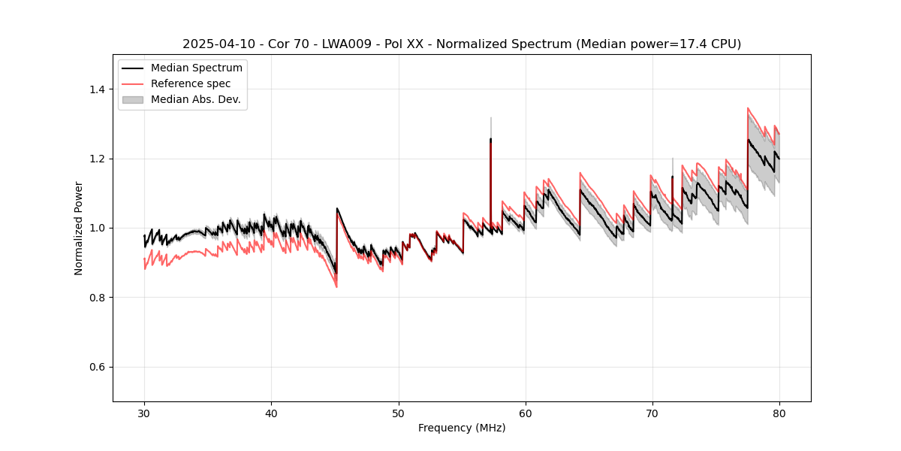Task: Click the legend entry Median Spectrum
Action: tap(196, 68)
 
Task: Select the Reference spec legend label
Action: tap(191, 83)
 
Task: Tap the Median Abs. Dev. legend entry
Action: tap(195, 99)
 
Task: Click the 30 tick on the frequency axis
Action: tap(144, 413)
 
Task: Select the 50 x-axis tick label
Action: tap(398, 413)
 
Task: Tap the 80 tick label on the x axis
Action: tap(779, 413)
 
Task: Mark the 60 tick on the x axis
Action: tap(525, 413)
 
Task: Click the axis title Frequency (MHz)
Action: tap(462, 428)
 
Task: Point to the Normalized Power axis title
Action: tap(79, 228)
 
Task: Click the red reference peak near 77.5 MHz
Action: tap(748, 108)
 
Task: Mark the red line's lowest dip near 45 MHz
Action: tap(336, 286)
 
